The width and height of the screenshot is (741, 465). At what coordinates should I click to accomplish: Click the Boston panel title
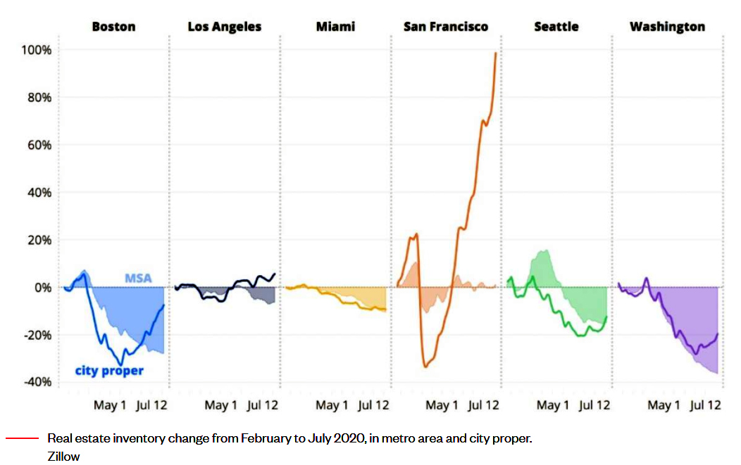tap(113, 27)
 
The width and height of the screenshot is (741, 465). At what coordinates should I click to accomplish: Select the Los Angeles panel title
tap(224, 27)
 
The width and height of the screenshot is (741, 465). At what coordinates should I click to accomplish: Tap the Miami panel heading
tap(335, 27)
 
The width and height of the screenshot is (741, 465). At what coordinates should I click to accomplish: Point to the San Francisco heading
tap(445, 27)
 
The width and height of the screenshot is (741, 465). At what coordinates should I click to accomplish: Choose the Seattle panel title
tap(556, 27)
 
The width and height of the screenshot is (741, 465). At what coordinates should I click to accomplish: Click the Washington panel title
tap(667, 27)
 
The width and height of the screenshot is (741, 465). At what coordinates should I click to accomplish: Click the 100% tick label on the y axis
tap(35, 51)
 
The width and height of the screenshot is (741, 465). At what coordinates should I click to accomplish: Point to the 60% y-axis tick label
tap(38, 146)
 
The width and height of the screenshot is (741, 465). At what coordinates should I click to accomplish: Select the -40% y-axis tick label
tap(36, 382)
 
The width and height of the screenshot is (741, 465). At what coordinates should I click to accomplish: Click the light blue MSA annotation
tap(138, 278)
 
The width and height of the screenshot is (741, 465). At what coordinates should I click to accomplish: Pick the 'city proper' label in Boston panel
tap(109, 370)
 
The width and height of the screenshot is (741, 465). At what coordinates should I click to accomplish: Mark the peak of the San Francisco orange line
tap(496, 53)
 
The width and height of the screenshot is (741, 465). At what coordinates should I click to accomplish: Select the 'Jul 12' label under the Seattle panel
tap(593, 405)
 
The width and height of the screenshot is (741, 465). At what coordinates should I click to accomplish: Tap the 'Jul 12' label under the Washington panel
tap(705, 405)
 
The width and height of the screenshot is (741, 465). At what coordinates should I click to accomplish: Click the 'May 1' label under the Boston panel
tap(110, 405)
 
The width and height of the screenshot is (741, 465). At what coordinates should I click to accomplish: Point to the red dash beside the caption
tap(22, 438)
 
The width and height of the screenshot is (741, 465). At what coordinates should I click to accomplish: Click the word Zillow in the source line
tap(63, 457)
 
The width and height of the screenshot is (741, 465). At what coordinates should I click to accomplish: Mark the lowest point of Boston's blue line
tap(121, 364)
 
